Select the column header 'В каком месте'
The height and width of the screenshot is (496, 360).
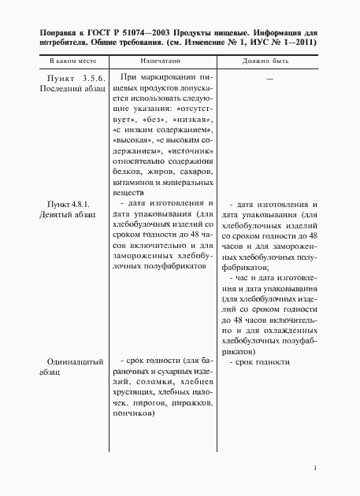pos(69,60)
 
